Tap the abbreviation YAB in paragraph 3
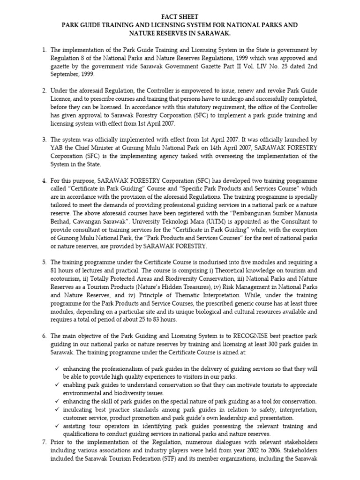[57, 148]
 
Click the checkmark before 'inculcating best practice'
[57, 410]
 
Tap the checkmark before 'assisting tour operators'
[57, 426]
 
